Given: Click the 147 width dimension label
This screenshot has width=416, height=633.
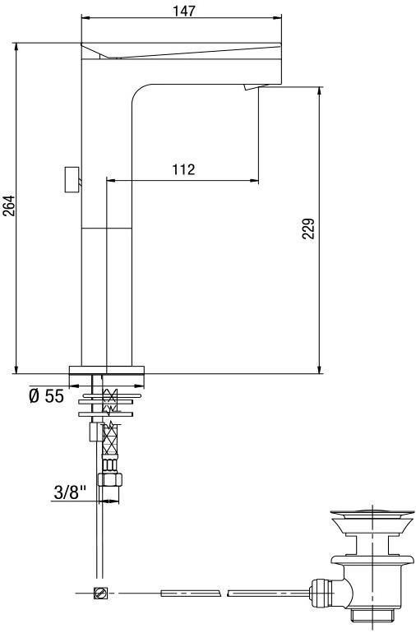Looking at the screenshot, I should coord(183,10).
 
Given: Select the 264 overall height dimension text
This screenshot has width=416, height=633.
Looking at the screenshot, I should coord(9,206).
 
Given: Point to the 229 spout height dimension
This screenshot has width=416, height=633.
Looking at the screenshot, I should coord(308,229).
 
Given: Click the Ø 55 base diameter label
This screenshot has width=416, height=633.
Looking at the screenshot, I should coord(46,396).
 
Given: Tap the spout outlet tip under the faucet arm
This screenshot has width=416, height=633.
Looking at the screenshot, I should coord(252,88).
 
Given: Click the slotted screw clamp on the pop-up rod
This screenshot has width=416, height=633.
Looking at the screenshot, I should coord(101,593).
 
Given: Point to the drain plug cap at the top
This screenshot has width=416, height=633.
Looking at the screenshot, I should coord(369,518).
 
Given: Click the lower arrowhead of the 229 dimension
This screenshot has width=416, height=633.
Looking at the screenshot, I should coord(319,369).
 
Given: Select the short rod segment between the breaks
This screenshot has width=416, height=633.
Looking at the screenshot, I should coord(191,592).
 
